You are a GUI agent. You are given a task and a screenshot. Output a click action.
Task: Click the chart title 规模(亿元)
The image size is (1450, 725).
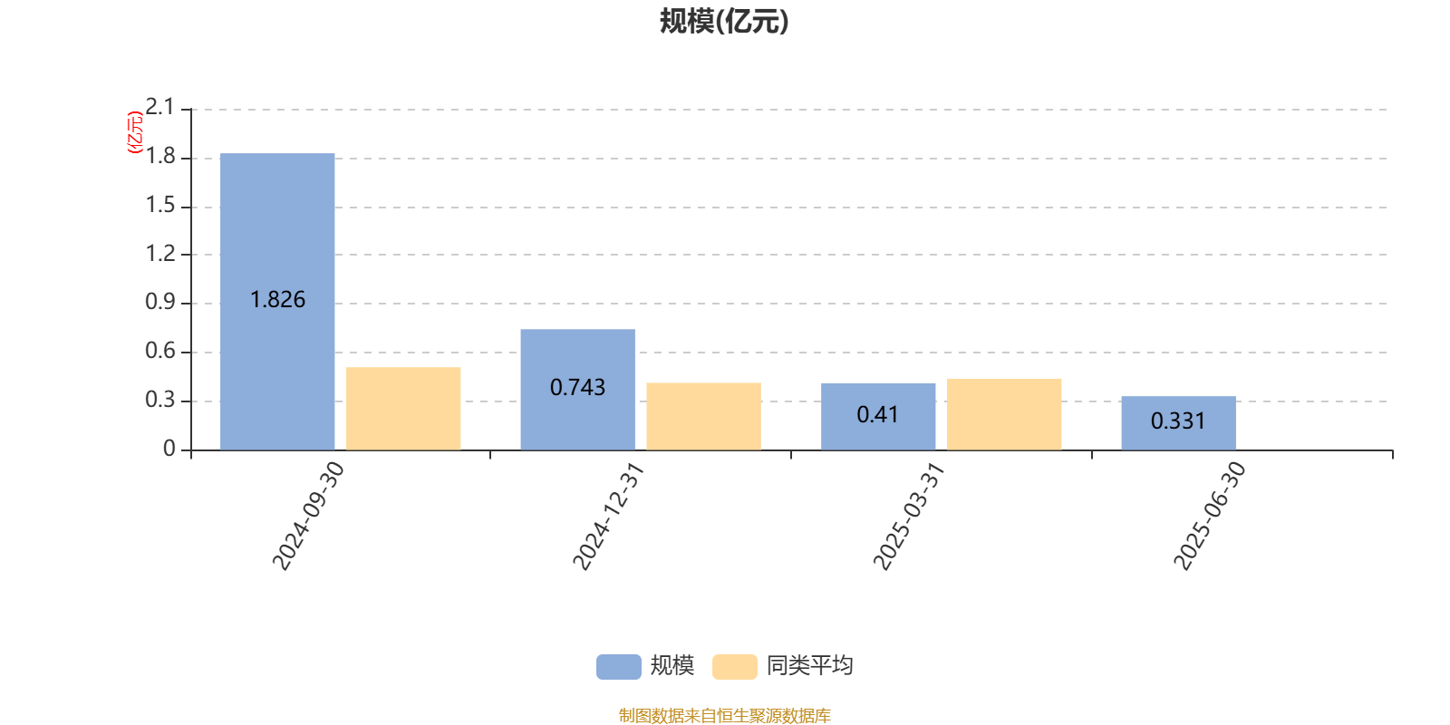click(724, 22)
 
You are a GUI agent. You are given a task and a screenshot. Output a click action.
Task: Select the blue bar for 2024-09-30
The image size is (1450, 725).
click(277, 302)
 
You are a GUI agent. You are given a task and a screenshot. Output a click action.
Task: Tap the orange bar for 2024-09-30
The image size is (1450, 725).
click(403, 409)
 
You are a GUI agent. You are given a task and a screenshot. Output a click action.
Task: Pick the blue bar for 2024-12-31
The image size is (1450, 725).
click(578, 390)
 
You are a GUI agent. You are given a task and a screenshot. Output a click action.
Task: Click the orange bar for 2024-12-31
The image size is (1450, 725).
click(703, 416)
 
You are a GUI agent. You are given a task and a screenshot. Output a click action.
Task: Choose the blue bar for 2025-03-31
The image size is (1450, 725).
click(878, 417)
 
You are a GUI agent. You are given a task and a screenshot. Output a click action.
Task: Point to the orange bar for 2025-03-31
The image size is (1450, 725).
click(1004, 414)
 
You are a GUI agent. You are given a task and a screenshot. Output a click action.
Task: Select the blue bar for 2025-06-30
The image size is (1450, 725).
click(1179, 423)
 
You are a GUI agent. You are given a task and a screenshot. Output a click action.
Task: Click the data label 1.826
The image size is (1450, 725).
click(277, 300)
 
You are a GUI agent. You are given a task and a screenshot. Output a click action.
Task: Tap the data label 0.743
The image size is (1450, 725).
click(577, 388)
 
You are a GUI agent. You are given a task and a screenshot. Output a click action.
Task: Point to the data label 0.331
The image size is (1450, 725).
click(1178, 421)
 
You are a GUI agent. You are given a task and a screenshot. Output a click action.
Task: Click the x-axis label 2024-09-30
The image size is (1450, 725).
click(308, 516)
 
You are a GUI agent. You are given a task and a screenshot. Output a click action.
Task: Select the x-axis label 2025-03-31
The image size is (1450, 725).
click(909, 516)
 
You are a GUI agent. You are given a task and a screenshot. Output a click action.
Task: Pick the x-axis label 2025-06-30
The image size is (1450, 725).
click(1209, 516)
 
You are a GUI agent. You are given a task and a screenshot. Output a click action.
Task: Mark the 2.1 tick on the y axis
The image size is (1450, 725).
click(159, 107)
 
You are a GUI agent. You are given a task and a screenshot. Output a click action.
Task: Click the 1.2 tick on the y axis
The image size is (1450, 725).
click(159, 253)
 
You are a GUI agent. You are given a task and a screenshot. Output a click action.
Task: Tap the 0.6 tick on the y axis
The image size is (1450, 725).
click(159, 351)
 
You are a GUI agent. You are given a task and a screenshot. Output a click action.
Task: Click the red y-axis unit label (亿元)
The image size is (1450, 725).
click(135, 132)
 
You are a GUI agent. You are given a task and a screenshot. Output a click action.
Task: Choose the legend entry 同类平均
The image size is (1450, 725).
click(783, 666)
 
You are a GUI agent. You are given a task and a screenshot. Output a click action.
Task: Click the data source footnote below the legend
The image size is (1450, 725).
click(724, 715)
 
